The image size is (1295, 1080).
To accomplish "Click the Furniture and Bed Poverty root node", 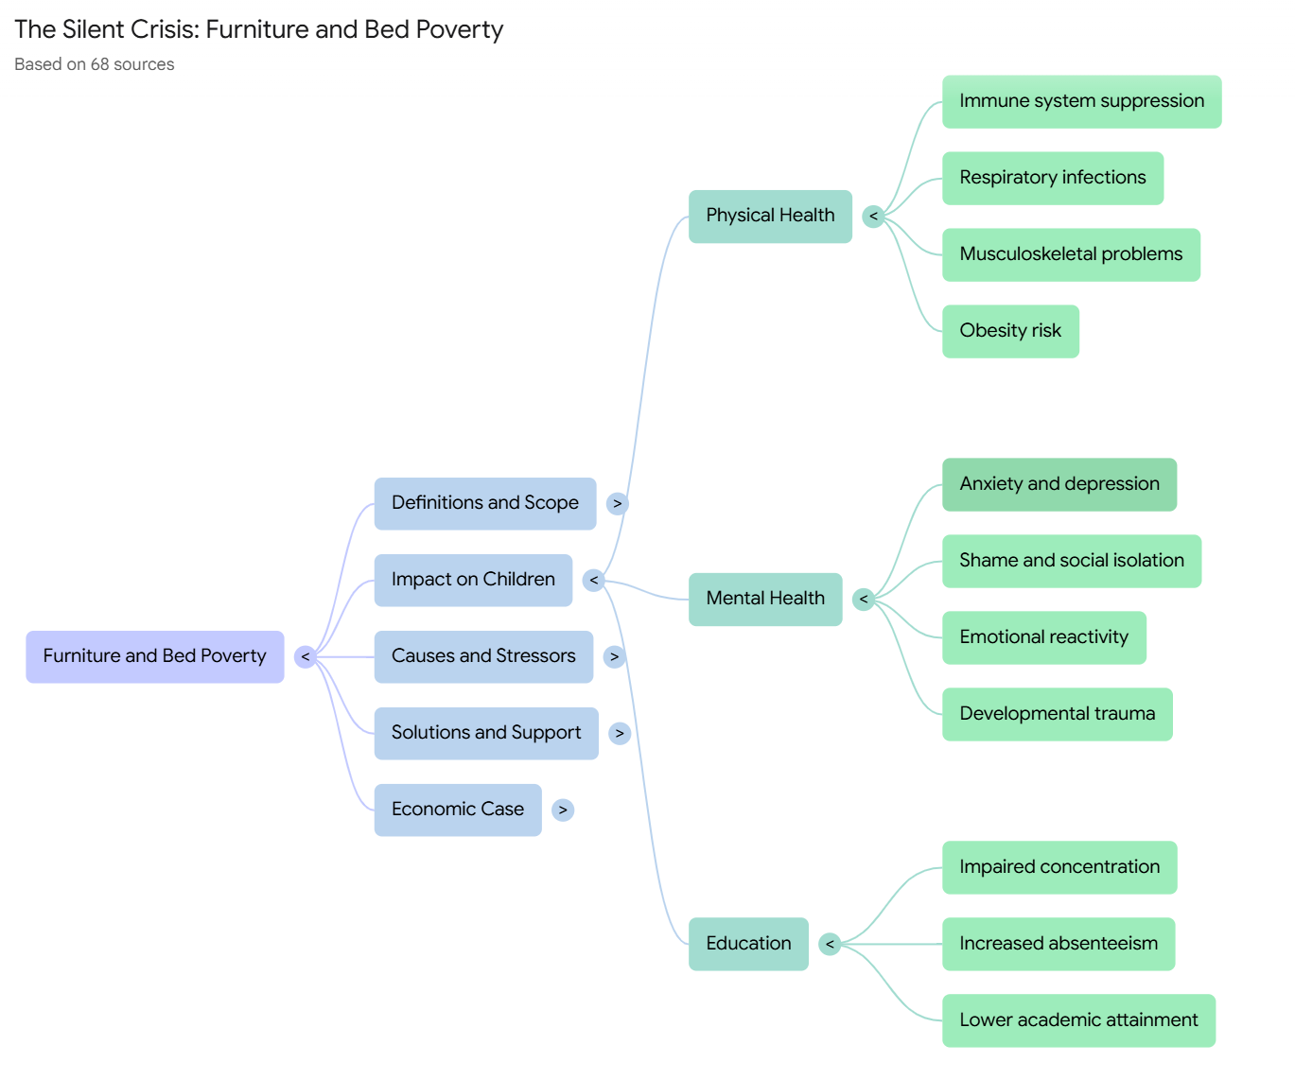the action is pos(154,656).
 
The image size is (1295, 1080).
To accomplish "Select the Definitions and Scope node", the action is pos(485,503).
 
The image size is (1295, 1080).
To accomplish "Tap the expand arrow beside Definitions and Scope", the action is pos(617,503).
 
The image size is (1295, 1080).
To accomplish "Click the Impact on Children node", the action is pos(473,580).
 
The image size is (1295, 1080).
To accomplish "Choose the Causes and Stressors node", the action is pos(483,656).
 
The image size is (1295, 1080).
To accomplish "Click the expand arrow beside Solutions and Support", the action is pos(620,734).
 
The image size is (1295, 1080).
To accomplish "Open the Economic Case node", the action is pos(458,810).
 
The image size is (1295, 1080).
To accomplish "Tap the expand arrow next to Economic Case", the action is pos(563,810).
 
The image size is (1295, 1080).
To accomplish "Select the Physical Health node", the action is pos(770,217).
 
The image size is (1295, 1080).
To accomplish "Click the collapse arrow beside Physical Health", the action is pos(873,217).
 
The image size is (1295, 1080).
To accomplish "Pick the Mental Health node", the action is pos(765,599).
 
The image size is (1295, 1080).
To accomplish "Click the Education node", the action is pos(748,944).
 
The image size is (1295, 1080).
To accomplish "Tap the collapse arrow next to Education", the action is pos(830,944).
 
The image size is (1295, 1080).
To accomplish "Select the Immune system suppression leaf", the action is pos(1081,102).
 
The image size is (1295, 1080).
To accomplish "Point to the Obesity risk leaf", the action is pos(1010,331).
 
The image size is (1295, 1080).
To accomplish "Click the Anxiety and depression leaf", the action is pos(1059,484).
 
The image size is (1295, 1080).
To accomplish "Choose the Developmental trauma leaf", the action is pos(1058,714).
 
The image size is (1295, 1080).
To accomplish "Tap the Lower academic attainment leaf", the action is pos(1078,1020).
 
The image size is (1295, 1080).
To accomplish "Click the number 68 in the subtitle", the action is pos(99,64).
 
